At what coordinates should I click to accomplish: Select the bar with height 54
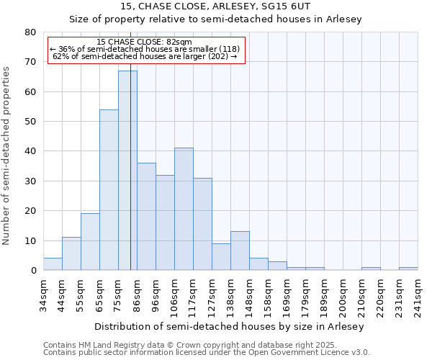pos(109,190)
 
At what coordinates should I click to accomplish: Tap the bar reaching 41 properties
pos(184,209)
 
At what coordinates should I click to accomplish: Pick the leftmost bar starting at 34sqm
pos(53,264)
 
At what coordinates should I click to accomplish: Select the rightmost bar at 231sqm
pos(408,269)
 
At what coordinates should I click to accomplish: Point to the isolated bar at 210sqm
pos(371,269)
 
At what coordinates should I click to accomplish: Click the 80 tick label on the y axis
pos(30,32)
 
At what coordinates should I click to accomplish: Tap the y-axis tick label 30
pos(30,181)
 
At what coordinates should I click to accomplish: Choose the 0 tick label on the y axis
pos(33,271)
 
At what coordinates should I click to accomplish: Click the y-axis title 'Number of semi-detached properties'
pos(6,155)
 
